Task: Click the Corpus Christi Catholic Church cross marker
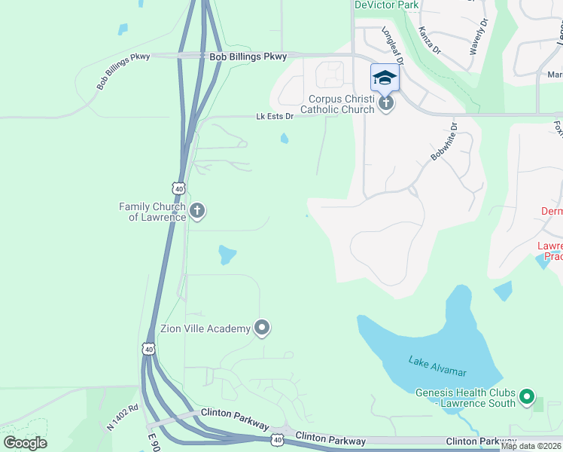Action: coord(385,103)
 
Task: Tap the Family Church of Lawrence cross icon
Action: coord(197,210)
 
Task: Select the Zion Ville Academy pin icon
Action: coord(262,327)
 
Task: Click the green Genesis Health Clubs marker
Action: coord(527,395)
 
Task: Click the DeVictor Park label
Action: coord(386,5)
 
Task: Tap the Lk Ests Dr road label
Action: coord(275,117)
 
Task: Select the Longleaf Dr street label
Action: coord(393,45)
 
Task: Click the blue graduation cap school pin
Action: coord(385,78)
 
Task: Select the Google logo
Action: coord(25,443)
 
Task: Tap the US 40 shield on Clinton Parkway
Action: coord(278,439)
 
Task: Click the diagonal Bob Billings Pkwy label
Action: coord(123,72)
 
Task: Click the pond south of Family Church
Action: coord(226,255)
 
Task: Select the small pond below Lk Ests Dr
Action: coord(284,138)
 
